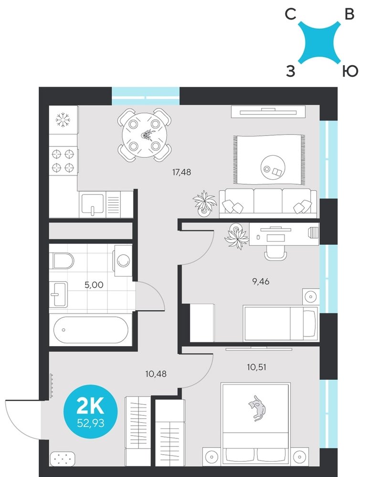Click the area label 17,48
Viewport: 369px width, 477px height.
click(x=181, y=172)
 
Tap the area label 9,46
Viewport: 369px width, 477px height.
click(x=261, y=281)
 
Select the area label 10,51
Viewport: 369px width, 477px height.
click(x=256, y=367)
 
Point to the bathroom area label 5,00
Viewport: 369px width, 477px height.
click(x=94, y=285)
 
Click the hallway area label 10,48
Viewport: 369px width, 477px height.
click(x=156, y=373)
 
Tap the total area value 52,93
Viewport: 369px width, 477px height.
click(x=90, y=423)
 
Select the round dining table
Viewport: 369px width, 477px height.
click(x=144, y=135)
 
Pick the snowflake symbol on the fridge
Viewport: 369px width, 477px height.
click(x=63, y=120)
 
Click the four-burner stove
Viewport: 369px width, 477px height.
click(x=63, y=161)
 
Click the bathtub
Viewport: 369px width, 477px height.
click(x=91, y=330)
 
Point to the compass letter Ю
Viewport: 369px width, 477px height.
click(x=350, y=72)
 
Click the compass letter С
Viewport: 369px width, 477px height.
click(x=290, y=14)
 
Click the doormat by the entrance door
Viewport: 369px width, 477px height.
click(x=63, y=459)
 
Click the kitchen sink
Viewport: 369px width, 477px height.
click(x=93, y=205)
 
